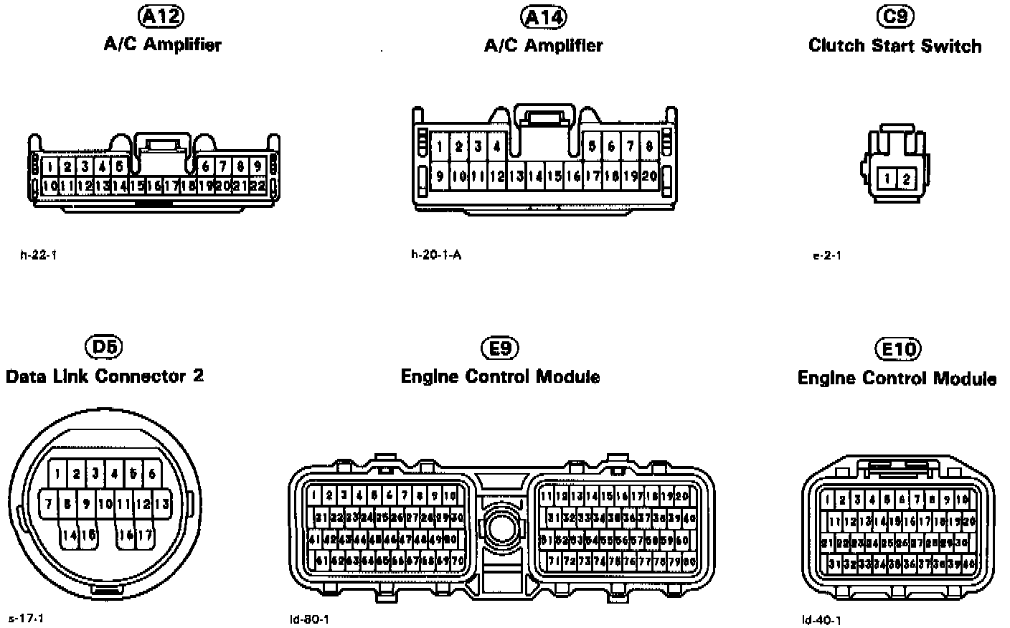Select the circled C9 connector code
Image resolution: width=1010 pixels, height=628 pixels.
coord(895,16)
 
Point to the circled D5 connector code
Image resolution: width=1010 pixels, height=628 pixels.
coord(104,348)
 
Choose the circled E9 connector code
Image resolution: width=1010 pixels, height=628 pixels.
coord(499,349)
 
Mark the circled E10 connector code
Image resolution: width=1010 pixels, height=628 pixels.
coord(897,350)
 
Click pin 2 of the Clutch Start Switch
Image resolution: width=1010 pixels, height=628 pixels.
coord(906,179)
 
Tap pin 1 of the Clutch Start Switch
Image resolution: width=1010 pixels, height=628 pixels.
coord(888,179)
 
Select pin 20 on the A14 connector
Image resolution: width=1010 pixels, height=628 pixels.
coord(649,176)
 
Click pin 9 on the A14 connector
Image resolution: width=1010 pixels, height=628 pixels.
coord(440,176)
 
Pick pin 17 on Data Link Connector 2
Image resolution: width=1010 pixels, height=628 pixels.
coord(145,534)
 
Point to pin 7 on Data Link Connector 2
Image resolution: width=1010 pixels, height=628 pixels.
coord(48,504)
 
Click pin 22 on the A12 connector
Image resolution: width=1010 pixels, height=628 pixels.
coord(258,186)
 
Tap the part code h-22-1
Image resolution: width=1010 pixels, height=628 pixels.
coord(38,254)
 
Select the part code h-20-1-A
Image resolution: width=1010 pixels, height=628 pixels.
coord(436,254)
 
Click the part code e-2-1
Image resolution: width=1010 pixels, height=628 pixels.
coord(827,255)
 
